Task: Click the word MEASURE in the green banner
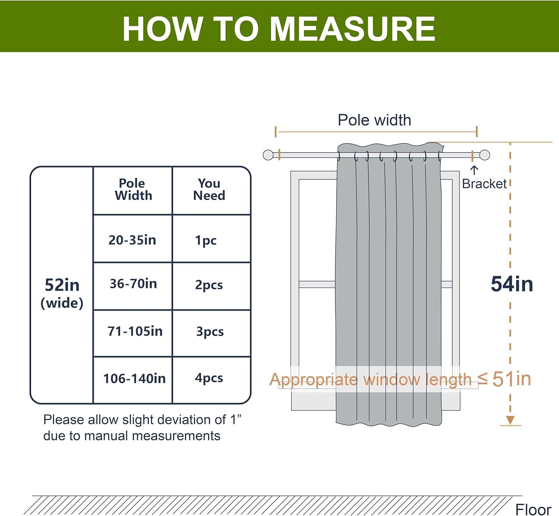pos(352,29)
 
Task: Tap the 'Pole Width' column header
pos(133,190)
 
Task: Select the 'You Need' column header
pos(209,190)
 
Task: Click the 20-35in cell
pos(132,240)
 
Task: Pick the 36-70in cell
pos(133,284)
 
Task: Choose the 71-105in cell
pos(135,331)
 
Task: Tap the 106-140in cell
pos(134,379)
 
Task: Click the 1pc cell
pos(206,240)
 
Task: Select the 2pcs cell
pos(209,285)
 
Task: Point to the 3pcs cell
pos(210,332)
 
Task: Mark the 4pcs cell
pos(209,378)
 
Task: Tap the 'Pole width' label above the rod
pos(374,120)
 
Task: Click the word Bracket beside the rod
pos(484,184)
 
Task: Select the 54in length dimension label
pos(512,284)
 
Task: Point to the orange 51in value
pos(511,379)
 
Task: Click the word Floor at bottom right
pos(533,509)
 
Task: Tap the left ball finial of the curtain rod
pos(268,155)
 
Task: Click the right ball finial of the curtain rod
pos(484,155)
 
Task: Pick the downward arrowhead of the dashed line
pos(510,420)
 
